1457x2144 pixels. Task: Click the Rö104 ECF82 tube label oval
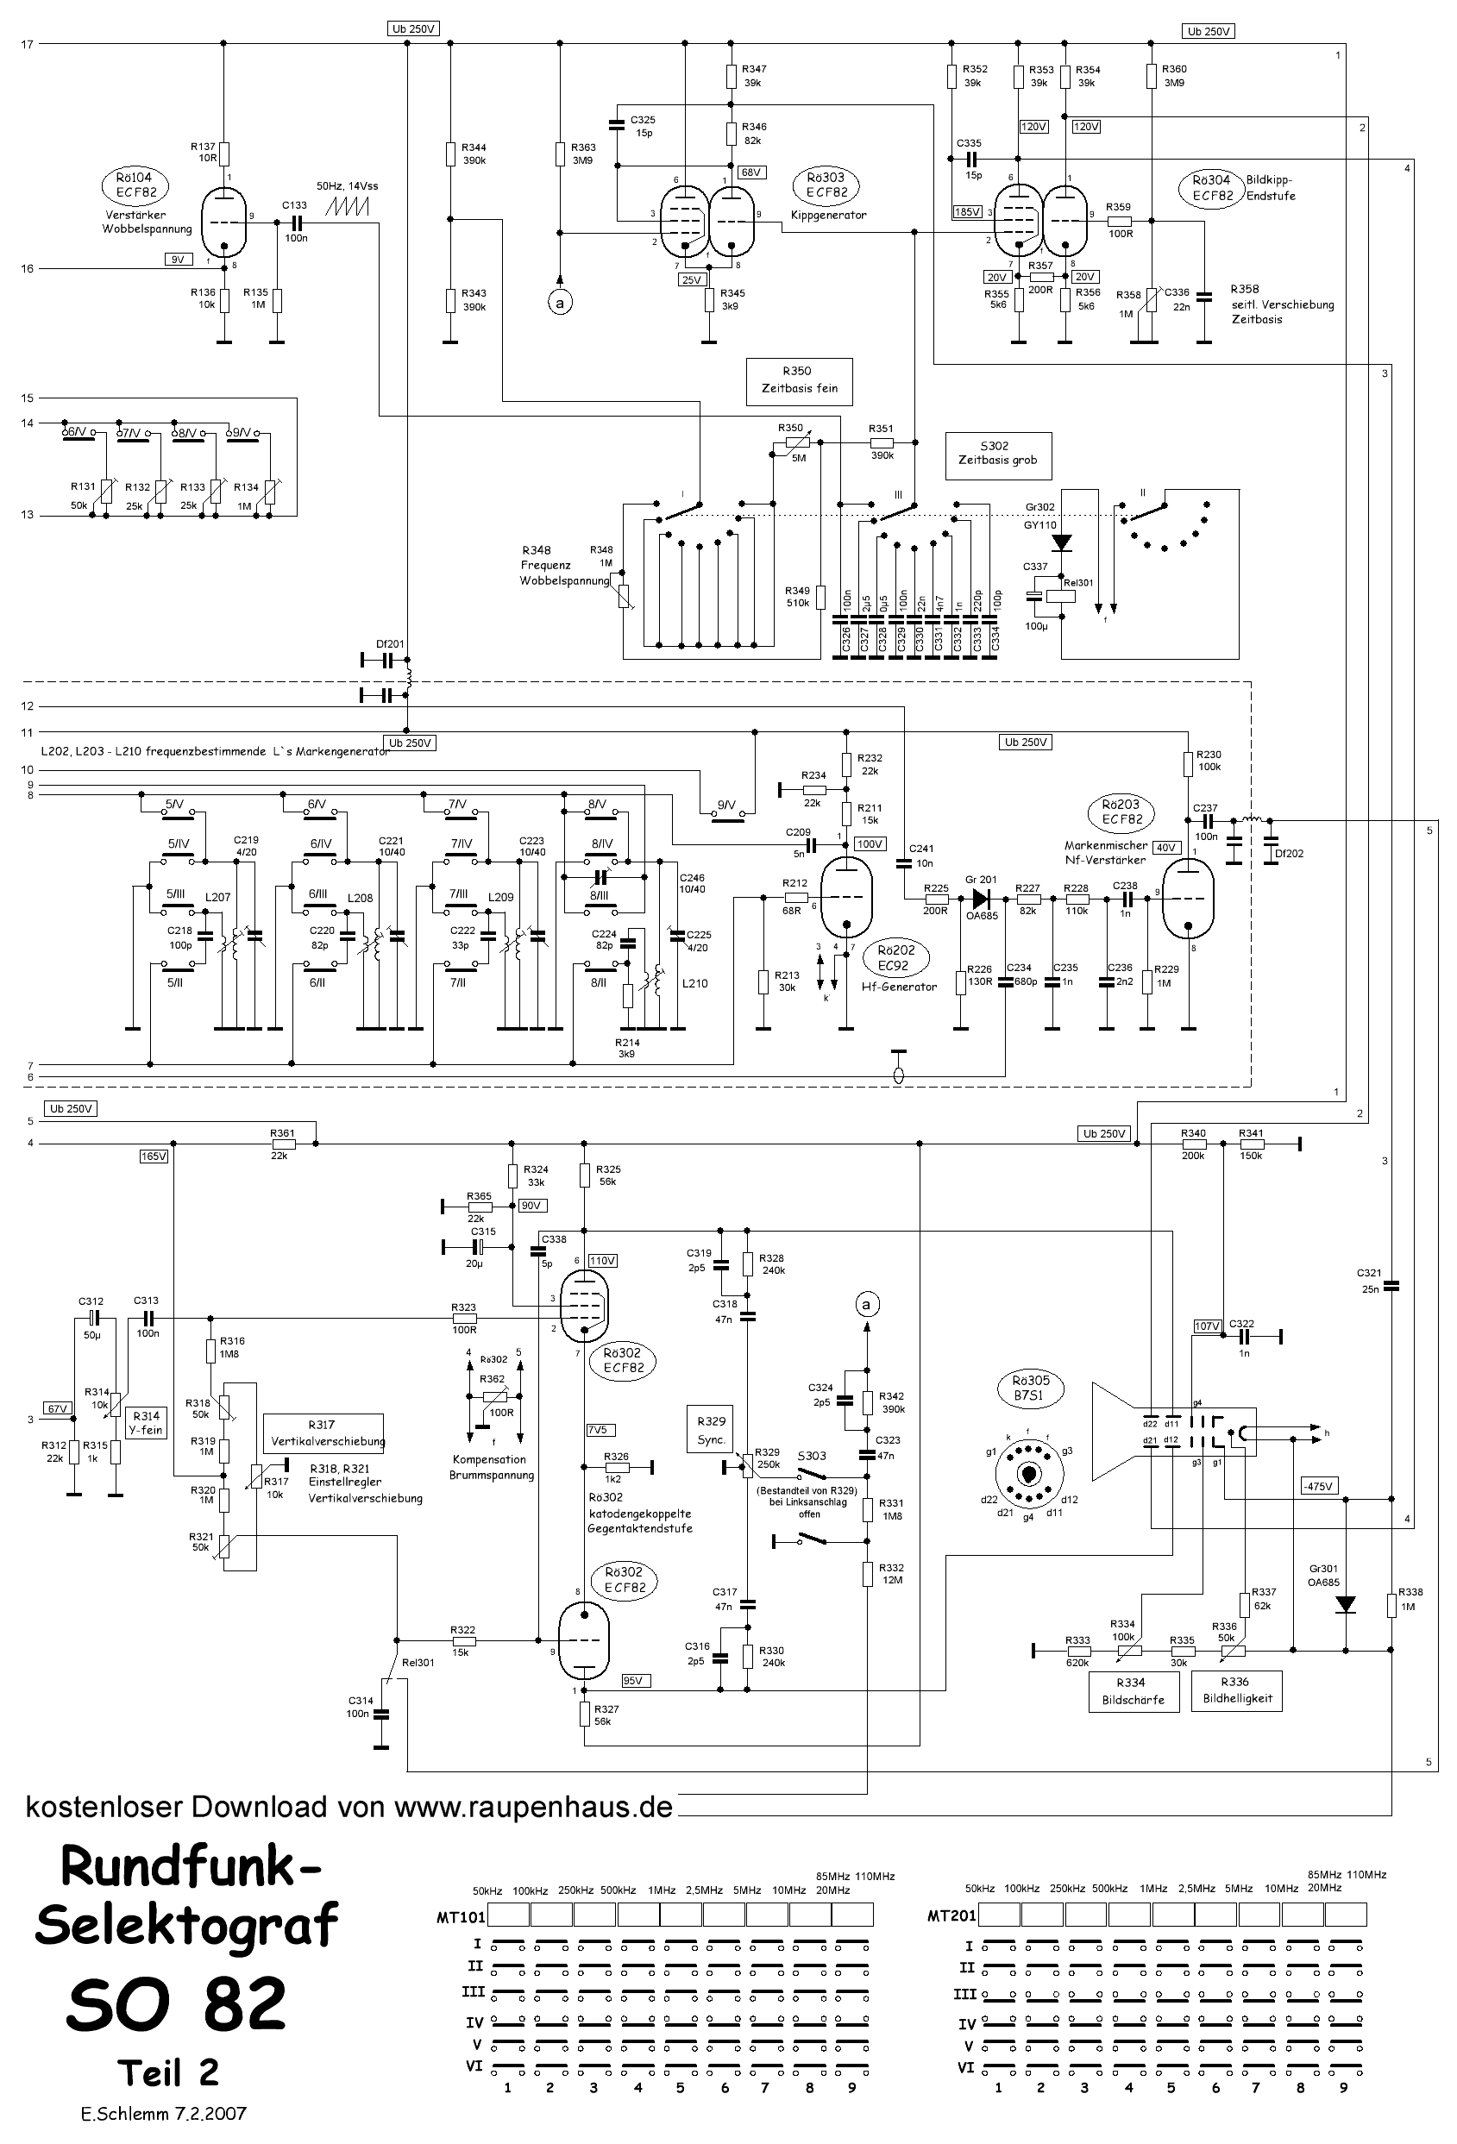click(135, 186)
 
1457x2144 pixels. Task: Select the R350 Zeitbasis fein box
click(799, 380)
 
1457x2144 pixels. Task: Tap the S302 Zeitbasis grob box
click(997, 455)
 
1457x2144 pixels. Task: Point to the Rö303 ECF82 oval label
click(826, 185)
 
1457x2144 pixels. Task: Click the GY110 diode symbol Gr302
click(1062, 542)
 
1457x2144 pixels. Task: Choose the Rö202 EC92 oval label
click(895, 957)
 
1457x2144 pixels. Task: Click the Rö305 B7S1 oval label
click(1031, 1389)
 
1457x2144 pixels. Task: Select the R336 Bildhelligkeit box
click(1236, 1690)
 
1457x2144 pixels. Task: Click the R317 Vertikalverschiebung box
click(322, 1432)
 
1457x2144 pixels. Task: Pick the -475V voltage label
click(1319, 1485)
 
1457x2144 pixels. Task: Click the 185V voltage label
click(967, 212)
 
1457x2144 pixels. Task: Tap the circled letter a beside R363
click(558, 302)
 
